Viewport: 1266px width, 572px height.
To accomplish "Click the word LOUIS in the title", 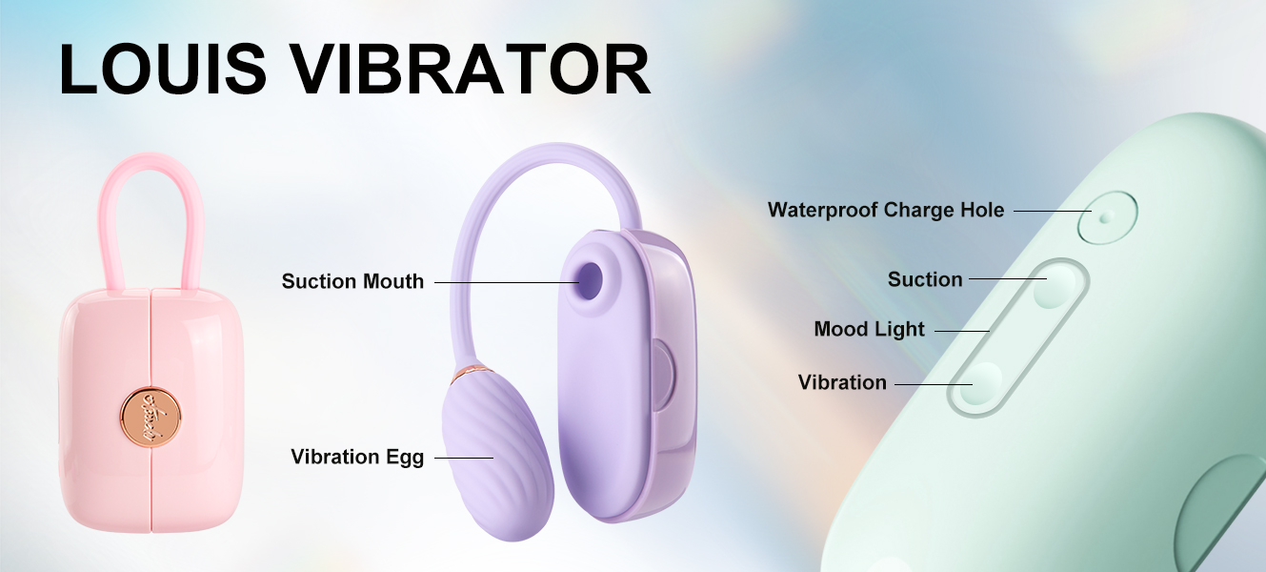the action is point(163,70).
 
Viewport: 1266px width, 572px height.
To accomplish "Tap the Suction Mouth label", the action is point(352,281).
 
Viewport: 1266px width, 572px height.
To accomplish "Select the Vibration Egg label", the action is point(357,458).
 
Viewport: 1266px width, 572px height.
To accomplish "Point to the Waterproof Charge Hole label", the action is point(886,210).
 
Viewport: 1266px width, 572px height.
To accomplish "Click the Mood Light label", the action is point(870,329).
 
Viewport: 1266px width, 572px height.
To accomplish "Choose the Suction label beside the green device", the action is point(925,279).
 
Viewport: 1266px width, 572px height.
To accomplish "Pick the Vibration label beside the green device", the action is point(842,382).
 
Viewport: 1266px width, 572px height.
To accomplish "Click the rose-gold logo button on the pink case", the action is point(151,417).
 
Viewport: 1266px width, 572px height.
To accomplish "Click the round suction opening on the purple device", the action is point(590,280).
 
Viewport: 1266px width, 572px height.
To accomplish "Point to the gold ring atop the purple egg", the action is point(472,372).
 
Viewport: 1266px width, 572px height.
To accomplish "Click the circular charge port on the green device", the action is point(1107,217).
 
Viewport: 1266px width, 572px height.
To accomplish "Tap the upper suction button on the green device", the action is point(1055,286).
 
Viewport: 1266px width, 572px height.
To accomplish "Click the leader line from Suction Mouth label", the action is point(507,282).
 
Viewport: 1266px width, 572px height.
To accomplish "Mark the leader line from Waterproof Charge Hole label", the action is point(1053,211).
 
